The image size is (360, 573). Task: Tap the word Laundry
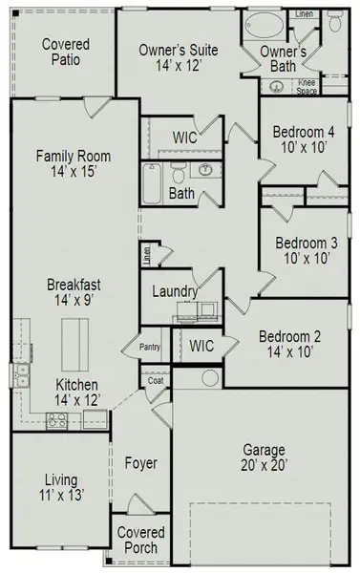click(175, 291)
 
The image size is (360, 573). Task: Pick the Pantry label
click(149, 348)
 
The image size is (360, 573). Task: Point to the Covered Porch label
click(140, 540)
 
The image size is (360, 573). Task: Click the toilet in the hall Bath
click(178, 172)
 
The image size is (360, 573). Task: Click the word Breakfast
click(74, 285)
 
